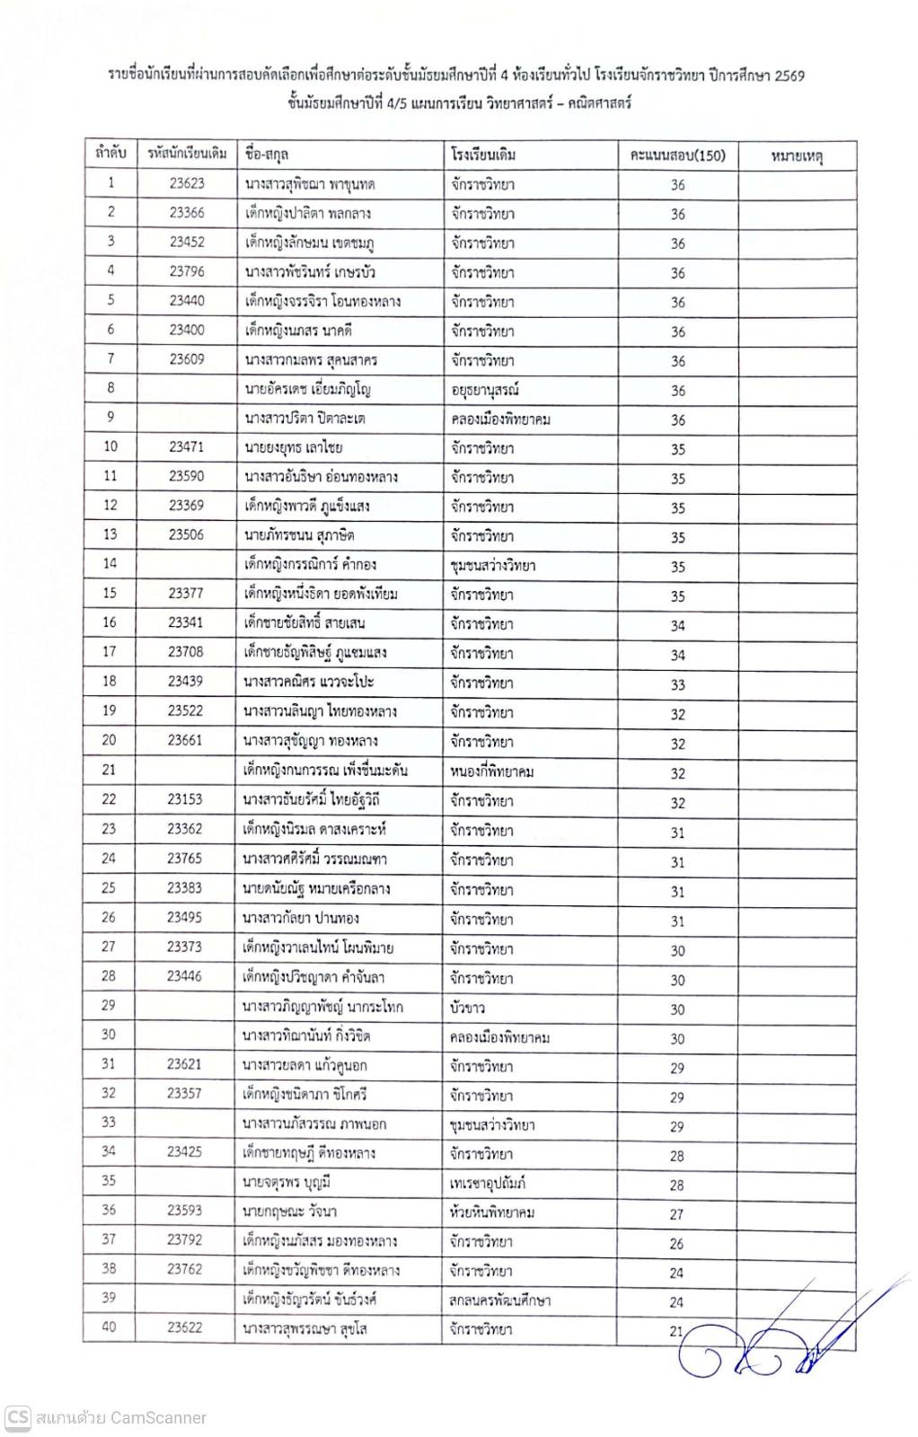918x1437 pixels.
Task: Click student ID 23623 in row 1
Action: [x=187, y=183]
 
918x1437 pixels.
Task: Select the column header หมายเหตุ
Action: [x=797, y=156]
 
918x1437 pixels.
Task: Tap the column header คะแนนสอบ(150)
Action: [x=677, y=155]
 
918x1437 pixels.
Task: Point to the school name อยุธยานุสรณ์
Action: [x=485, y=390]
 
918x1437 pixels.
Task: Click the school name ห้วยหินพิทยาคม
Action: [x=492, y=1212]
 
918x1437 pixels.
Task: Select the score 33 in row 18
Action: [x=677, y=684]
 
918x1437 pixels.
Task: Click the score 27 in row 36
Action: [x=676, y=1214]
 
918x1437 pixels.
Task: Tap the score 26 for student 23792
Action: [x=676, y=1244]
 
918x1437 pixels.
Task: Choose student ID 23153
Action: [x=185, y=798]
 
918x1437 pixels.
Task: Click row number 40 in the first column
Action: [x=109, y=1327]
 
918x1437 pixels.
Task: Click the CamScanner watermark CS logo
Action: [x=18, y=1417]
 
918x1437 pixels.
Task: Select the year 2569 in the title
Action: [x=789, y=75]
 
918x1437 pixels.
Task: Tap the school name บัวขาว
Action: [x=468, y=1008]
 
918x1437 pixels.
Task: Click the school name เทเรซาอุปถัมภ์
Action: [x=488, y=1184]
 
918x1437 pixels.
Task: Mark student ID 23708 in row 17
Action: [x=185, y=651]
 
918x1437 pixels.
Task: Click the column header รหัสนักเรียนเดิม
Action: [x=187, y=154]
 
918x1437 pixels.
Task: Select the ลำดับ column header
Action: [x=110, y=153]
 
